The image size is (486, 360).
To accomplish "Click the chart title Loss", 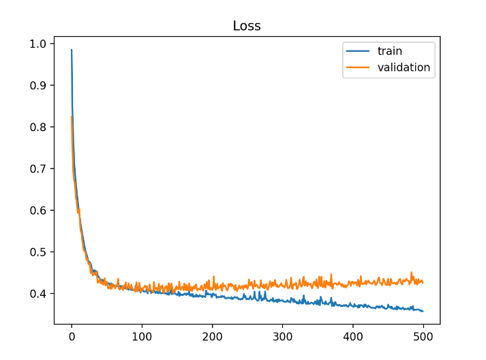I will [247, 27].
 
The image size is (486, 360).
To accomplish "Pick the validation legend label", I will [404, 67].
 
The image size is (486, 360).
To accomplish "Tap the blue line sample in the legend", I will [359, 52].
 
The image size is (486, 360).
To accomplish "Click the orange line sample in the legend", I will [359, 67].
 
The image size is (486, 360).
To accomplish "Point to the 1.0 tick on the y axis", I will [40, 44].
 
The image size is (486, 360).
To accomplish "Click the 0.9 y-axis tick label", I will [40, 85].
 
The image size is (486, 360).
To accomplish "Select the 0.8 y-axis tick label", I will [40, 127].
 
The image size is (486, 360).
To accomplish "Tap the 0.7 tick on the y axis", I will [40, 168].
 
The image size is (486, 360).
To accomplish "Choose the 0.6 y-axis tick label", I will [40, 210].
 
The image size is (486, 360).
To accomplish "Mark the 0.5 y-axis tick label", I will [40, 252].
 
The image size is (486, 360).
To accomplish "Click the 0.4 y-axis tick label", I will [40, 294].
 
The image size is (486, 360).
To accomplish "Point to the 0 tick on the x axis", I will [72, 336].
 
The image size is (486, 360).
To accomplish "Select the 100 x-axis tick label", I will [142, 336].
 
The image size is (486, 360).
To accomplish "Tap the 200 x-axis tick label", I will [212, 336].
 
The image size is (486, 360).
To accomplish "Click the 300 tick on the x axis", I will [283, 336].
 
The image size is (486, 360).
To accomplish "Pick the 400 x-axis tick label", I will [353, 336].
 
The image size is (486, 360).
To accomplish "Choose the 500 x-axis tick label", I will [423, 336].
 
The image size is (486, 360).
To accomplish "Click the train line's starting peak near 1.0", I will [72, 50].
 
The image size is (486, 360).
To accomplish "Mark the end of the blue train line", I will [423, 311].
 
